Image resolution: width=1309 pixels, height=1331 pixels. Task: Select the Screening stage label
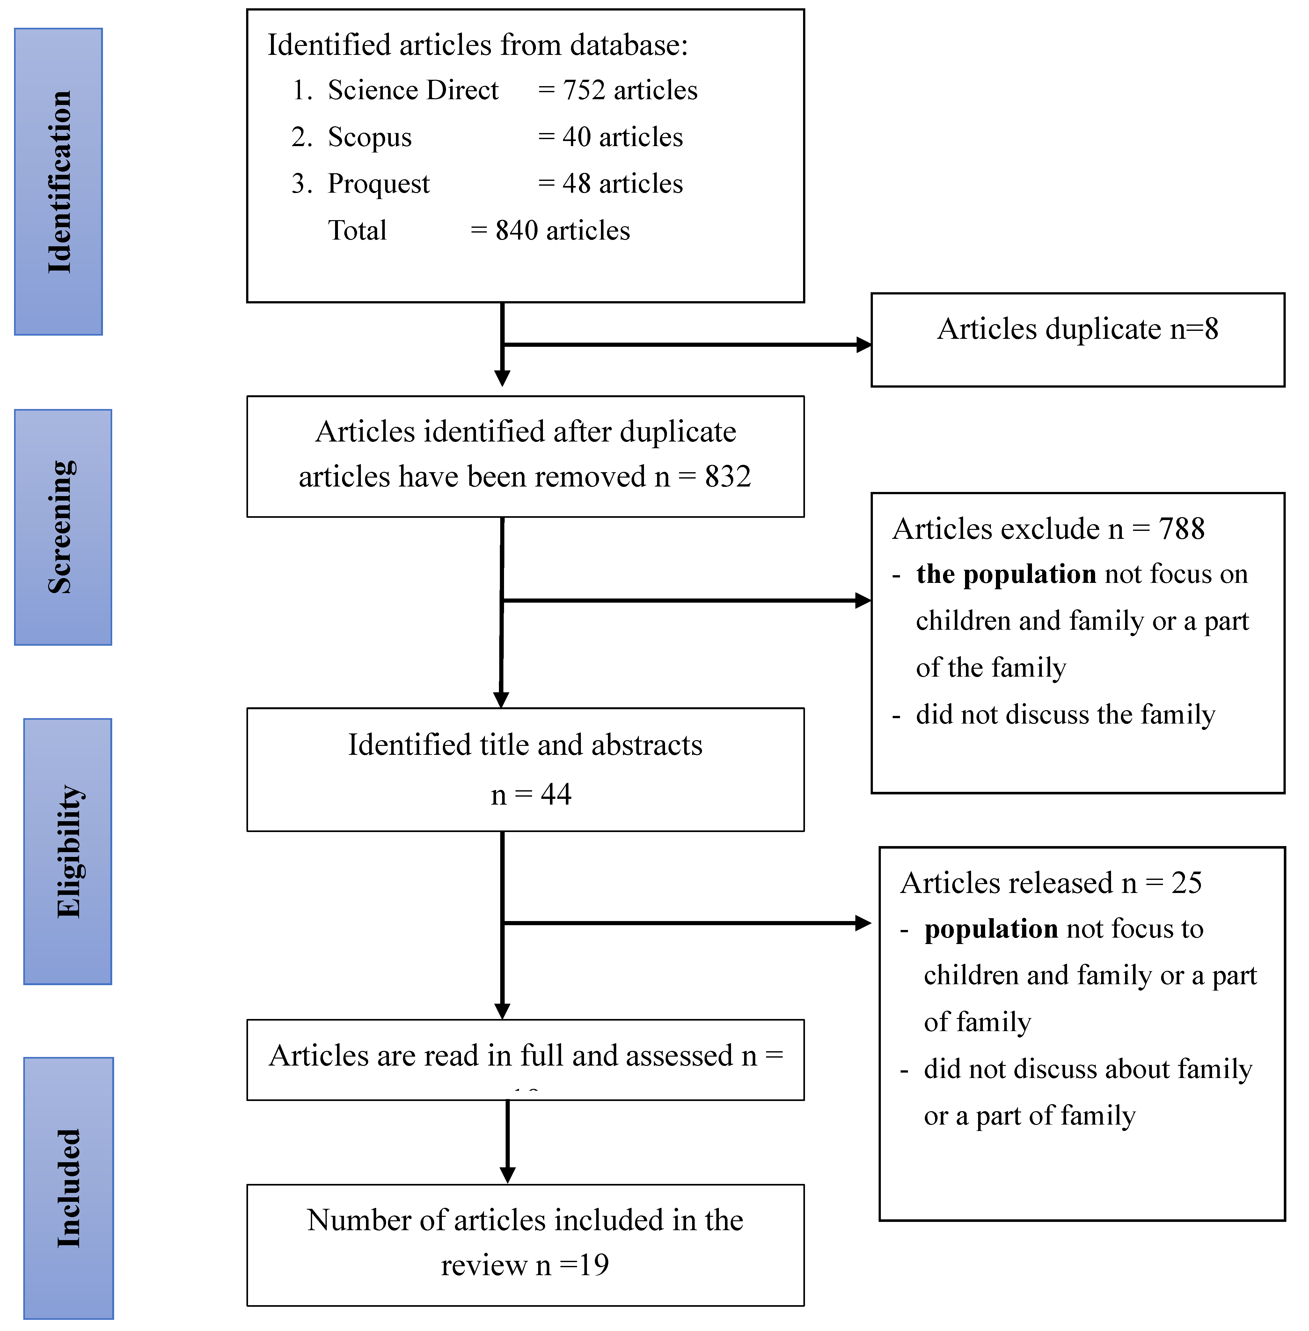[x=62, y=527]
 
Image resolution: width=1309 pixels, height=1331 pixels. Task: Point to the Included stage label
[x=69, y=1188]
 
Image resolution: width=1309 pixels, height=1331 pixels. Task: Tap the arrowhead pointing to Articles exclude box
[x=864, y=600]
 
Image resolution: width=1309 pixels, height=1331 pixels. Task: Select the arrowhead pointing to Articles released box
[x=864, y=923]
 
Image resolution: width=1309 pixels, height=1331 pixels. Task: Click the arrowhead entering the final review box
[x=508, y=1175]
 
